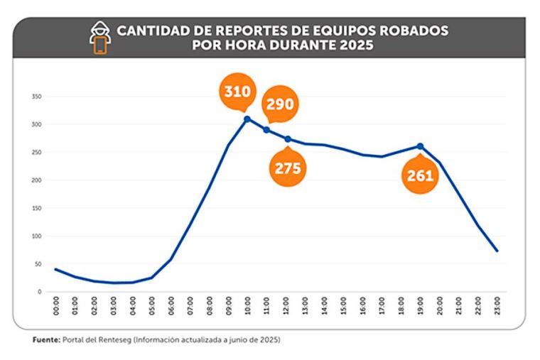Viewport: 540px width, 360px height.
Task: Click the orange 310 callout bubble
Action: [237, 92]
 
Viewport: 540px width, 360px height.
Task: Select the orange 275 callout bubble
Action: [288, 168]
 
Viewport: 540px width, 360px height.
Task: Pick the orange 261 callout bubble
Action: [420, 175]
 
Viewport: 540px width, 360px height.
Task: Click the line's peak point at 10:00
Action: [247, 119]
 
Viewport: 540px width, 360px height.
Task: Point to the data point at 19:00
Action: [420, 146]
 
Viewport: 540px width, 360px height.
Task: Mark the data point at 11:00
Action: [266, 130]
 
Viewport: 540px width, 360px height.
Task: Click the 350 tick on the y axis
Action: [36, 97]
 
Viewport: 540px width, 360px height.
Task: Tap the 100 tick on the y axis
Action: [36, 236]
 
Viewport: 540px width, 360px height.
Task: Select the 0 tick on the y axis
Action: [40, 292]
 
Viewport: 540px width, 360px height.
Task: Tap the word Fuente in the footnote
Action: [45, 340]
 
